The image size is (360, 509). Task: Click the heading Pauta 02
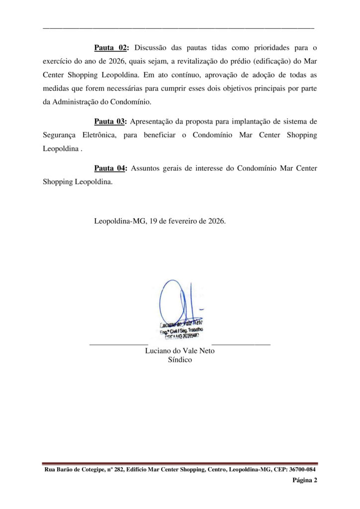click(111, 48)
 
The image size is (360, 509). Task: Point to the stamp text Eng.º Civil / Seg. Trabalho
click(181, 330)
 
